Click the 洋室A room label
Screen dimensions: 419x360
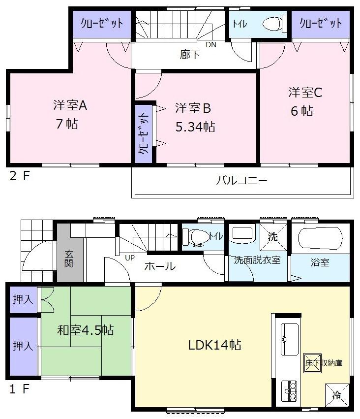(x=70, y=105)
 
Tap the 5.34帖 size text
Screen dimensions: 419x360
(x=195, y=127)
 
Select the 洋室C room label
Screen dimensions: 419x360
(x=305, y=92)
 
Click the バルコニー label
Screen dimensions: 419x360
(x=242, y=181)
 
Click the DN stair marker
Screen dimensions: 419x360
(x=210, y=45)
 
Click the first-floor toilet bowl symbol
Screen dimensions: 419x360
(x=198, y=236)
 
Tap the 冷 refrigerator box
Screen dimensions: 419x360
(x=337, y=394)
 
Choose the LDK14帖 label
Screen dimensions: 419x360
(x=214, y=345)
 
